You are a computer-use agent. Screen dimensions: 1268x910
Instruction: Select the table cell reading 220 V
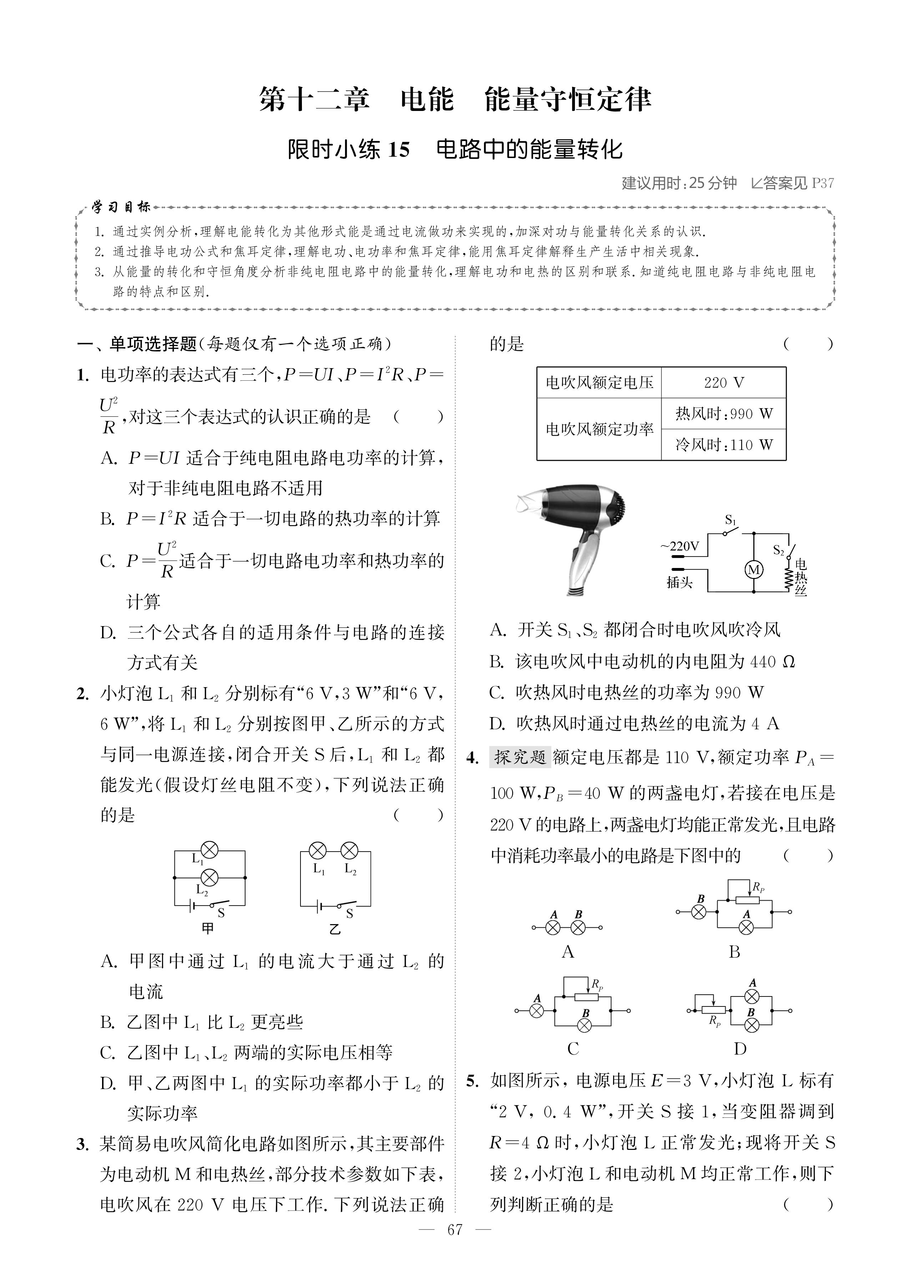(x=723, y=382)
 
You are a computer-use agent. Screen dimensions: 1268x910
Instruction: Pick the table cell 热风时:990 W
(x=723, y=414)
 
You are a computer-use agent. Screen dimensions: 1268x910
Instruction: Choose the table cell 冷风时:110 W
(x=723, y=445)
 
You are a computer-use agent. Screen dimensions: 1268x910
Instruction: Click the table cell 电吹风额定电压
(x=599, y=382)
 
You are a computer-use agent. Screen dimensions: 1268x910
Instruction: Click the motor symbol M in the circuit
(x=754, y=570)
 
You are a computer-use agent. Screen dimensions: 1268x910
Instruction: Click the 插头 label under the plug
(x=679, y=583)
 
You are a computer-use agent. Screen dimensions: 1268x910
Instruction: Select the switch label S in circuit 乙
(x=350, y=913)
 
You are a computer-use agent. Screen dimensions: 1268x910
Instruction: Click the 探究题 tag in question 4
(x=520, y=757)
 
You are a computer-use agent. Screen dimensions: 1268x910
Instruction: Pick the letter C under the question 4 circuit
(x=573, y=1049)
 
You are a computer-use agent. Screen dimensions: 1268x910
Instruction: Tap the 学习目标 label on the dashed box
(x=121, y=207)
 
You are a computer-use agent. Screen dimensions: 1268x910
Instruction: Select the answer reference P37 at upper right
(x=822, y=183)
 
